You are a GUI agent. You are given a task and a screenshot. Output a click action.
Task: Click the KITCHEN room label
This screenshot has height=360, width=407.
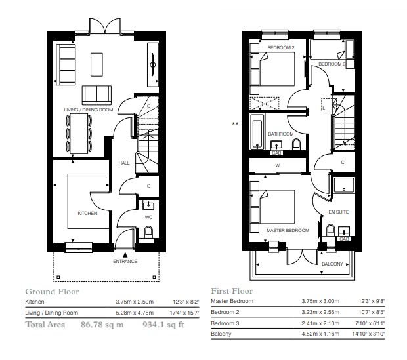pos(87,214)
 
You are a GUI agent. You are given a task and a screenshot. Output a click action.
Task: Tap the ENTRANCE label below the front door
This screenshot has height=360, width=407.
pos(125,261)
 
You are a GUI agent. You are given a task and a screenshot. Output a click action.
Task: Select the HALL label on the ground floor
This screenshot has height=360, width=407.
pos(124,163)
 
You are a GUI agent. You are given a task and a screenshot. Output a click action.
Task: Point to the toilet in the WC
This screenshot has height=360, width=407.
pos(148,231)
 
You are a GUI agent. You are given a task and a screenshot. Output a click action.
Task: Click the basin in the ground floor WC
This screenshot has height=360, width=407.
pos(148,205)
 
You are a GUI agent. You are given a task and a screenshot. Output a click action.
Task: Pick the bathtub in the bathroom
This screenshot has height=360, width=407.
pos(257,132)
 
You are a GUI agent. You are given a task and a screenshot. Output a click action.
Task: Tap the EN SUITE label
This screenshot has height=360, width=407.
pos(339,212)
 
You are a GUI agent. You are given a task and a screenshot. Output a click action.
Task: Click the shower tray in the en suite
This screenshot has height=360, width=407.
pos(344,185)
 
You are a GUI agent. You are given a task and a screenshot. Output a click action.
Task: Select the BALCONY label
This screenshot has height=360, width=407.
pos(332,264)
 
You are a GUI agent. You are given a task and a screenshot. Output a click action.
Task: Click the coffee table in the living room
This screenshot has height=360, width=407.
pos(96,64)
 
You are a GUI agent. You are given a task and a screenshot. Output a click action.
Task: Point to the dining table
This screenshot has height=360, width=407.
pos(79,134)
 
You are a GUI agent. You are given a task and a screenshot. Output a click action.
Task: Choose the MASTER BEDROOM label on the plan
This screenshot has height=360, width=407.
pos(288,230)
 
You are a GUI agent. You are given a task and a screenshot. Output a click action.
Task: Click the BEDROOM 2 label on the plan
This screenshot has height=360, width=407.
pos(281,47)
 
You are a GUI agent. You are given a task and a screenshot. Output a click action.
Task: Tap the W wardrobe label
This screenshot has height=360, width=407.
pos(278,165)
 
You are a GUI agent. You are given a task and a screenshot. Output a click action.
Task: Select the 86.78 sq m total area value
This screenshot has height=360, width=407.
pos(102,325)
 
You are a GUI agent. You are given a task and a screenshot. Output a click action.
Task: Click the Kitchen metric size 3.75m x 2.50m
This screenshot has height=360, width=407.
pos(135,302)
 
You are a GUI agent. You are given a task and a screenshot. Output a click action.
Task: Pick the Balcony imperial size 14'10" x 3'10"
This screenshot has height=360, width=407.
pos(368,334)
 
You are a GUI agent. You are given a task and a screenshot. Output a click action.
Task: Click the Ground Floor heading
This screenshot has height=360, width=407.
pos(52,292)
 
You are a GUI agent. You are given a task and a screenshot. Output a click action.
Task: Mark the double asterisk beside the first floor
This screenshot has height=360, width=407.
pos(235,124)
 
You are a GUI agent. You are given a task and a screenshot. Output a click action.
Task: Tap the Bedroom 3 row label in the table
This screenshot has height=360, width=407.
pos(225,323)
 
